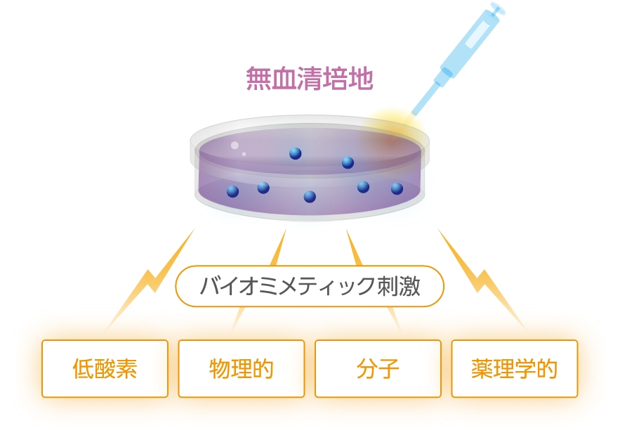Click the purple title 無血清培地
pyautogui.click(x=310, y=78)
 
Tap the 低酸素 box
pyautogui.click(x=105, y=368)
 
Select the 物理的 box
pyautogui.click(x=242, y=368)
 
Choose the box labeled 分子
pyautogui.click(x=378, y=368)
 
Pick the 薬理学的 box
pyautogui.click(x=515, y=368)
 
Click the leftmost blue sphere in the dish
pyautogui.click(x=232, y=191)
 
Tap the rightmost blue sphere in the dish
pyautogui.click(x=397, y=189)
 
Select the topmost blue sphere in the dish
pyautogui.click(x=296, y=153)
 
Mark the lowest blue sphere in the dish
pyautogui.click(x=310, y=197)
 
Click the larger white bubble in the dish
pyautogui.click(x=235, y=145)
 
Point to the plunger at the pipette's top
pyautogui.click(x=498, y=8)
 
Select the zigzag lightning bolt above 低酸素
pyautogui.click(x=150, y=280)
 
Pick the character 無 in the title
pyautogui.click(x=258, y=78)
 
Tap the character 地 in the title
pyautogui.click(x=361, y=78)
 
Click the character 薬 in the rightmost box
pyautogui.click(x=482, y=369)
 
